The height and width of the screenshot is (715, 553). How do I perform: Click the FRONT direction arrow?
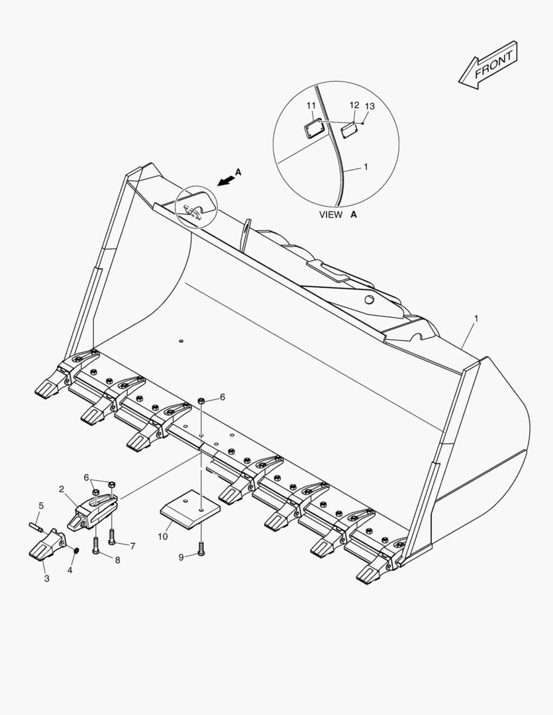487,64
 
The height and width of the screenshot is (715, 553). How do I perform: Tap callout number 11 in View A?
311,106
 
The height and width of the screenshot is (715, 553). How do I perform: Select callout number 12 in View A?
354,106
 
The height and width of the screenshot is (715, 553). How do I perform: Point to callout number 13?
370,107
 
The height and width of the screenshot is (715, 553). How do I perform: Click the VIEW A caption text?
338,215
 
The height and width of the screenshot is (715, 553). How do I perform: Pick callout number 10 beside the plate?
163,536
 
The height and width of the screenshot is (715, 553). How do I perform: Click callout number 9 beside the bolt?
181,557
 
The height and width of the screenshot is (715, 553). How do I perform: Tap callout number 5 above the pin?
41,506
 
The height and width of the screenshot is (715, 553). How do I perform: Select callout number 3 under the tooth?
46,579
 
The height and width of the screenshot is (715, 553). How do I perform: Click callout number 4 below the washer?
70,569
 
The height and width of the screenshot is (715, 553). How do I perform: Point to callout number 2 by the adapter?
62,489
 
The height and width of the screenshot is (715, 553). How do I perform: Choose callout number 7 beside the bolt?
132,546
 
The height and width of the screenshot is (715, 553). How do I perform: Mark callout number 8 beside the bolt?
117,560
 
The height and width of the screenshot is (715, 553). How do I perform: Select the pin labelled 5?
36,527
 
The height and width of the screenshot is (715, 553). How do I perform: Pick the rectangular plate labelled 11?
313,127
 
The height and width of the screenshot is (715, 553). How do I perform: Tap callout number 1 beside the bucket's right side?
476,318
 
